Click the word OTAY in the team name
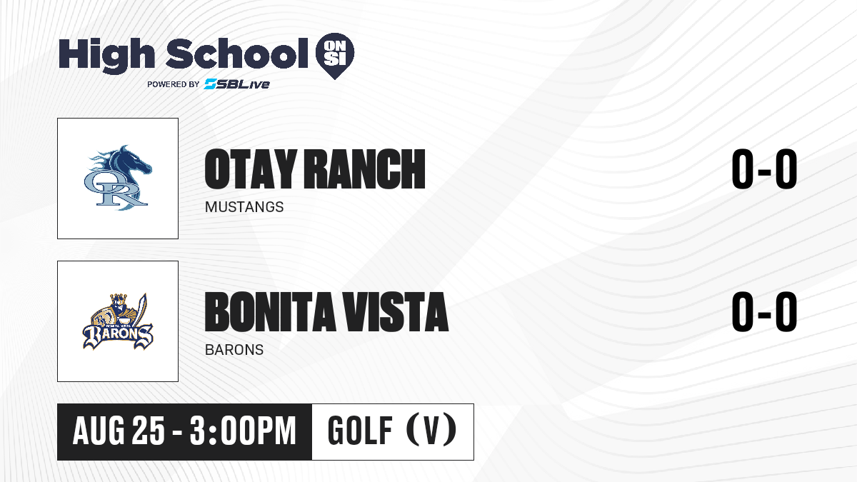251,169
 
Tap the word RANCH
365,169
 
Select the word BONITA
270,312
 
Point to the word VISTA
395,312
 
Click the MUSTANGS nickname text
244,207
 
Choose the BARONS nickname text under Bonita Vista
234,350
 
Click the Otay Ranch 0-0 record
764,169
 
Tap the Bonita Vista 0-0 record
764,312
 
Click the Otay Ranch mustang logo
118,178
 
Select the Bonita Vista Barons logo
118,321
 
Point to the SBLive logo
237,84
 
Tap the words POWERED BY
174,84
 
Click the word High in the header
107,54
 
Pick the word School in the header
237,54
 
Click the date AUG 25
119,431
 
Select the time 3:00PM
243,431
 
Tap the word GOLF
360,431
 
